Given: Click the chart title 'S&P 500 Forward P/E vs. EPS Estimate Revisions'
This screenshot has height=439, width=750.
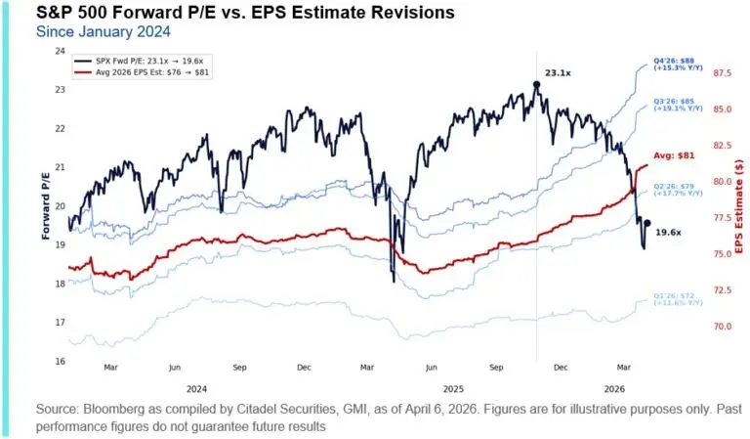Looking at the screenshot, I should pyautogui.click(x=231, y=14).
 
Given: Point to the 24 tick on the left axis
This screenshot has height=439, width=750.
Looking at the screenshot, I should pyautogui.click(x=60, y=51).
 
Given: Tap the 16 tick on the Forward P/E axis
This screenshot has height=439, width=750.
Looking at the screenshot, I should pyautogui.click(x=60, y=362).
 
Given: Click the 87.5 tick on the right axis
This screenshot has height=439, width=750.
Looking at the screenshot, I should pyautogui.click(x=724, y=73).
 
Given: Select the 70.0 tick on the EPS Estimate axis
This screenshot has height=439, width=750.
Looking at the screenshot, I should pyautogui.click(x=724, y=327).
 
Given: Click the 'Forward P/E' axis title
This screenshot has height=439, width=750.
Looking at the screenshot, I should pyautogui.click(x=46, y=205).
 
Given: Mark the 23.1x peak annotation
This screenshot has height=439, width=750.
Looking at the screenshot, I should pyautogui.click(x=558, y=72).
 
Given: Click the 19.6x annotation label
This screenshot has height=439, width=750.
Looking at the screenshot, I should pyautogui.click(x=668, y=233).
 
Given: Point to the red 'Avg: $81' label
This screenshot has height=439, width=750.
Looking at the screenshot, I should pyautogui.click(x=673, y=154).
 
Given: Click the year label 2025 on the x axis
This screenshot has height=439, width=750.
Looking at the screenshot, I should pyautogui.click(x=450, y=387).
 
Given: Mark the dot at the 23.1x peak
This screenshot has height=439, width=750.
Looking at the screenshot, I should pyautogui.click(x=536, y=85).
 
